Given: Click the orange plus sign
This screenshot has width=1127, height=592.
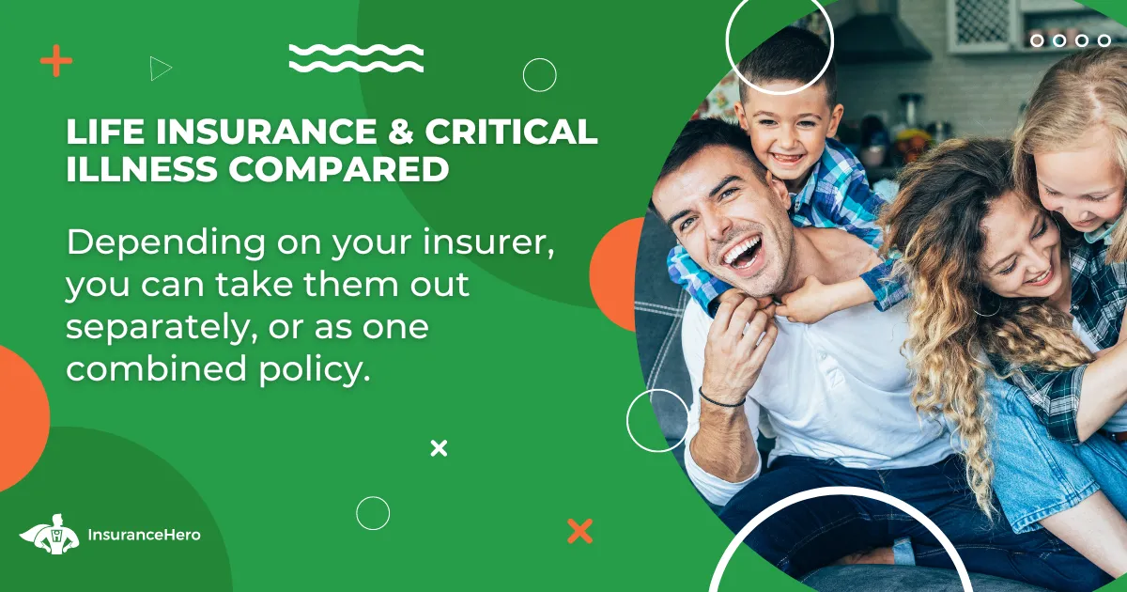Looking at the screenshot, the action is pos(55,60).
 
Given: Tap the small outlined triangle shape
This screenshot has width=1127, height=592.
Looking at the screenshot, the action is pos(160,69).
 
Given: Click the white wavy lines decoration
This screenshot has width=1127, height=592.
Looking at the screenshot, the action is pos(356,58).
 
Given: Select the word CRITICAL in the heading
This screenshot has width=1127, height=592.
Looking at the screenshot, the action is pos(511,132).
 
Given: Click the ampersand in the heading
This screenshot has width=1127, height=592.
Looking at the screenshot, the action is pos(400,132).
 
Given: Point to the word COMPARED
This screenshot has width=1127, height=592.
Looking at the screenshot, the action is pos(339,169).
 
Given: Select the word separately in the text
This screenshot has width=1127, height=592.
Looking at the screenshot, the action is pos(166,328).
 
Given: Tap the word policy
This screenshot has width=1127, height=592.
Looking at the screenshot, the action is pos(315,369).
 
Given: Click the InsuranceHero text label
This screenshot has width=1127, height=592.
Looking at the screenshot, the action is pos(144,535).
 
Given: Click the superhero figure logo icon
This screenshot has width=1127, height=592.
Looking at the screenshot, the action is pos(50,534).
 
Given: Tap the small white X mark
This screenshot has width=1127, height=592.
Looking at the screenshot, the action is pos(439,448).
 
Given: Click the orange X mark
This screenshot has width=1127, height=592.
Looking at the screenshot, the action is pos(580,531).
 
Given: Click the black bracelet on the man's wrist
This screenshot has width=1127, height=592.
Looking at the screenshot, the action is pos(720,399).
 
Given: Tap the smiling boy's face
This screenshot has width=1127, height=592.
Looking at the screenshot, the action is pos(790,136).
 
